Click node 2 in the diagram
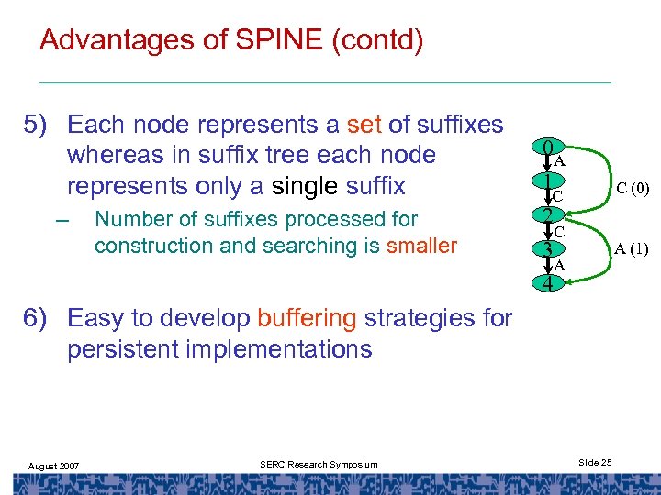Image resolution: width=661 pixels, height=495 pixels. pyautogui.click(x=547, y=216)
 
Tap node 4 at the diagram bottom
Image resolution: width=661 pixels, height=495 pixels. pyautogui.click(x=547, y=283)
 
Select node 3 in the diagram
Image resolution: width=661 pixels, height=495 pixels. pyautogui.click(x=547, y=249)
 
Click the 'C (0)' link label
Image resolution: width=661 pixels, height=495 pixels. pyautogui.click(x=633, y=189)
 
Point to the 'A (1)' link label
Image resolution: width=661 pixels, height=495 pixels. pyautogui.click(x=632, y=248)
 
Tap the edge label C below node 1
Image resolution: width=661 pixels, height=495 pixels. pyautogui.click(x=557, y=196)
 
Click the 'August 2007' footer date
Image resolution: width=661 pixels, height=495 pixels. pyautogui.click(x=53, y=466)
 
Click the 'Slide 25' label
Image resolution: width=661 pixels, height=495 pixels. pyautogui.click(x=596, y=462)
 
